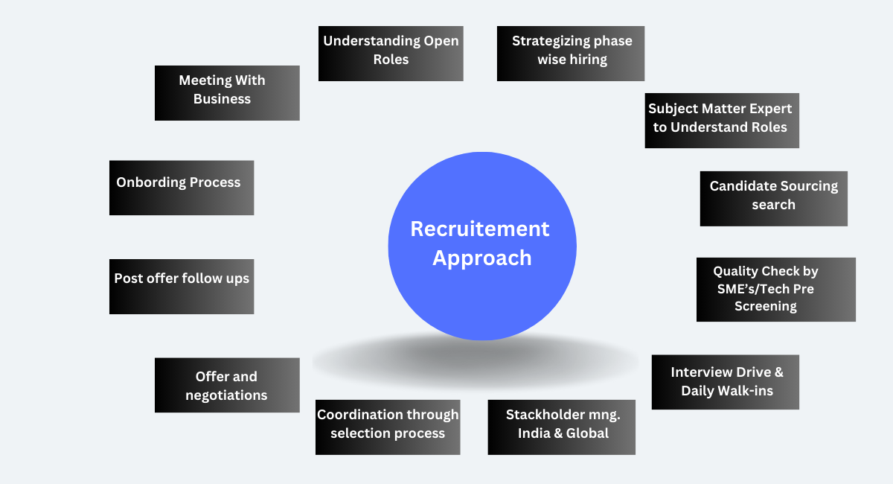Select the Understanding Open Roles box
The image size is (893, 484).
(x=391, y=54)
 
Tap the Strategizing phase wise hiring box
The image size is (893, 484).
(x=571, y=54)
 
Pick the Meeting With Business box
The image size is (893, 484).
(x=227, y=93)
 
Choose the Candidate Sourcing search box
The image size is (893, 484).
(x=774, y=199)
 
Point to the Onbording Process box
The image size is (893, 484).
(x=182, y=188)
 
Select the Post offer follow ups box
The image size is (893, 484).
(x=182, y=287)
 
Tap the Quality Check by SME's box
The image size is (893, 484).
(x=776, y=290)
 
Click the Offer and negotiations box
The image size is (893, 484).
(x=227, y=385)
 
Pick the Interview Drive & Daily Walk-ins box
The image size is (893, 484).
(x=726, y=382)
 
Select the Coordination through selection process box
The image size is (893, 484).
(x=388, y=427)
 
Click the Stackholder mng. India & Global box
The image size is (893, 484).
(x=562, y=427)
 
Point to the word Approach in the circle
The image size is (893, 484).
(x=482, y=258)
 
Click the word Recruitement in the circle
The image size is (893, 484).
(x=480, y=229)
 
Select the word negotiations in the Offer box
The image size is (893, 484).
(x=226, y=395)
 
